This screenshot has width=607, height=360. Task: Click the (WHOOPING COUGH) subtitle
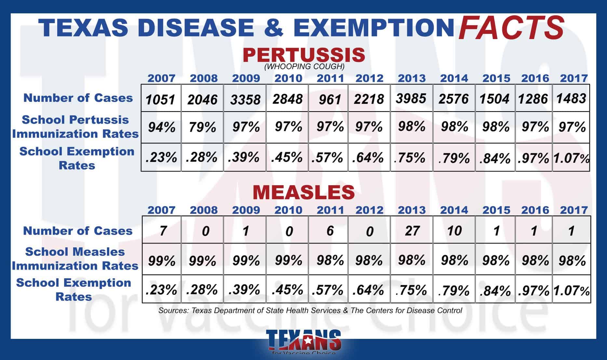pyautogui.click(x=304, y=67)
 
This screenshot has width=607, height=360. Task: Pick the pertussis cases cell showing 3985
pyautogui.click(x=411, y=98)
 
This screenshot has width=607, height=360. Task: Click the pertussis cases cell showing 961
pyautogui.click(x=329, y=99)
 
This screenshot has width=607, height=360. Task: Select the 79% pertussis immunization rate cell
pyautogui.click(x=202, y=127)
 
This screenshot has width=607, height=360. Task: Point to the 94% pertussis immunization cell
pyautogui.click(x=161, y=127)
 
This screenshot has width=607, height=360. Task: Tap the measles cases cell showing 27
pyautogui.click(x=412, y=230)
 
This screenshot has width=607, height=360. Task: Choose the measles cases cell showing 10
pyautogui.click(x=454, y=230)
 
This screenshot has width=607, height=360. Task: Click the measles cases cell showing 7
pyautogui.click(x=162, y=230)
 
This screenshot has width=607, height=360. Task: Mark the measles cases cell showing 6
pyautogui.click(x=330, y=230)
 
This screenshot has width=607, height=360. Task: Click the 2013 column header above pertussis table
pyautogui.click(x=411, y=78)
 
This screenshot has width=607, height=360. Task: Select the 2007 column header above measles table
pyautogui.click(x=161, y=210)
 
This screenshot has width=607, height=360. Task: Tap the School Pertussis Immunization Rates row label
pyautogui.click(x=75, y=127)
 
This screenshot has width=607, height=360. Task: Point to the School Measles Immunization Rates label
pyautogui.click(x=75, y=259)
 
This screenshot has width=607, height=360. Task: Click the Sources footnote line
pyautogui.click(x=310, y=311)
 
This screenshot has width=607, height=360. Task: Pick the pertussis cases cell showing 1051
pyautogui.click(x=160, y=99)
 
